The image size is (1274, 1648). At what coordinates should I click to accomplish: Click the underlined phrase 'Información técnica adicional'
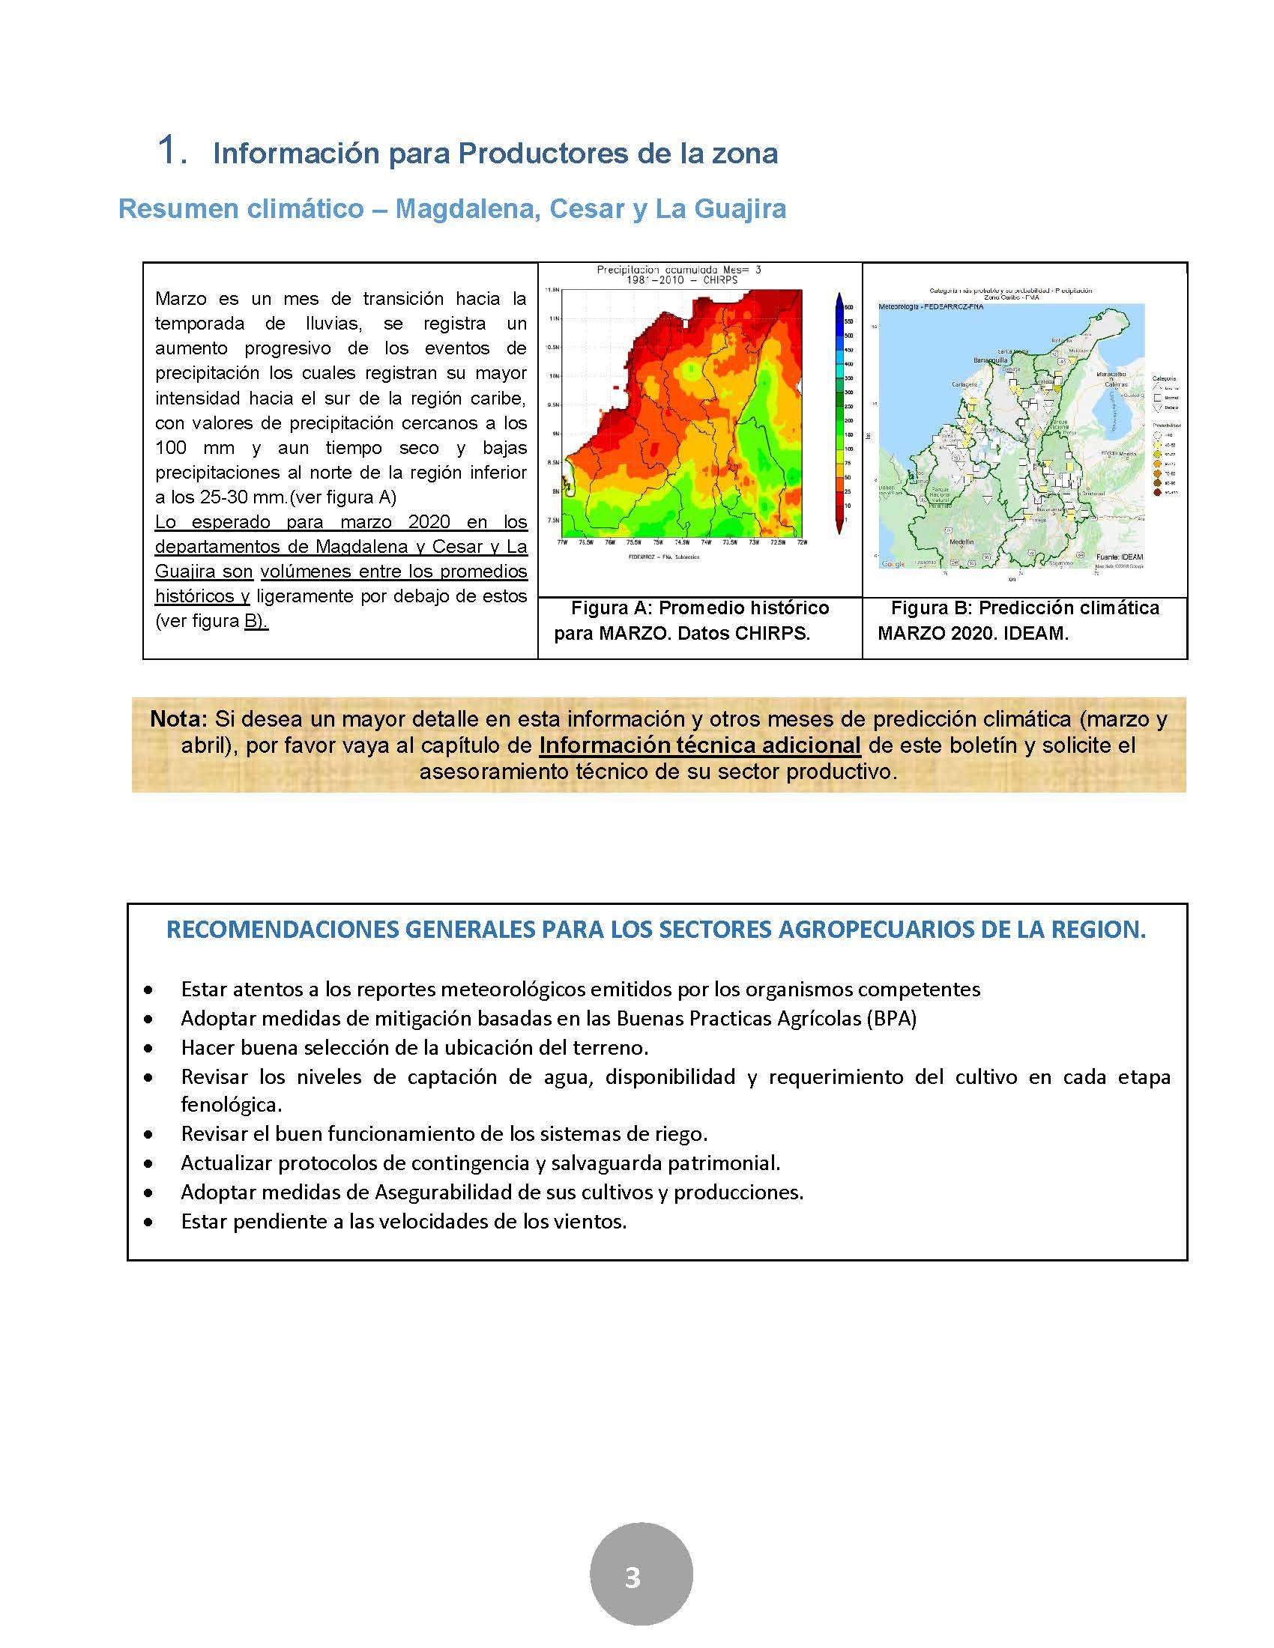[700, 745]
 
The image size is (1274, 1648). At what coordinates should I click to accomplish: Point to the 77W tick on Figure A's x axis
[562, 542]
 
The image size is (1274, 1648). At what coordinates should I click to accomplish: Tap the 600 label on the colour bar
[848, 307]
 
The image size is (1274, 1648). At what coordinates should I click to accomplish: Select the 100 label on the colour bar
[848, 449]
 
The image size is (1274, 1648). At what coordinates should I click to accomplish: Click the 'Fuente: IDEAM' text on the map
[1120, 557]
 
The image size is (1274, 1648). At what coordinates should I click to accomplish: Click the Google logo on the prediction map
[893, 563]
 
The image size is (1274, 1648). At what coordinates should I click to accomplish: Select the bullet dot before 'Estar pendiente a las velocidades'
[149, 1222]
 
